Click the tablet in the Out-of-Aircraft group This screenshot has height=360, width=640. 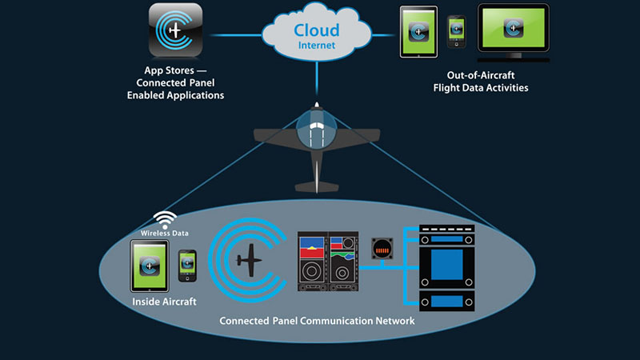tap(418, 33)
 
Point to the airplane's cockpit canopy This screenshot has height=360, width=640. tap(318, 130)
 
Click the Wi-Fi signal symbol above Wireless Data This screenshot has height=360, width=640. tap(165, 219)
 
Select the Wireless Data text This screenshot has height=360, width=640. tap(165, 233)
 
